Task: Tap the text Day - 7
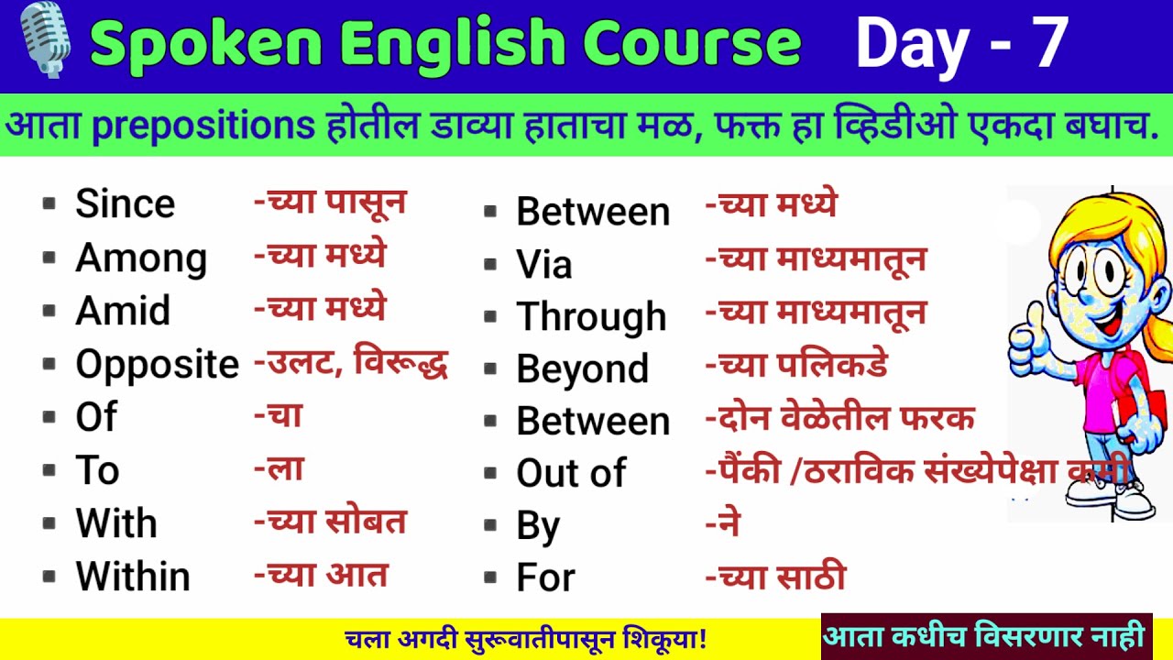click(961, 43)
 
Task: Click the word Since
click(125, 203)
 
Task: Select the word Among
click(141, 258)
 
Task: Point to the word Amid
click(123, 311)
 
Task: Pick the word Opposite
click(157, 364)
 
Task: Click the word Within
click(133, 577)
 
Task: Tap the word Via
click(544, 265)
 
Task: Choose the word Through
click(591, 317)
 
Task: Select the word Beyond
click(582, 369)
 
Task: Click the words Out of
click(571, 473)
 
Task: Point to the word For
click(545, 577)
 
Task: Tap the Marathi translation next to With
click(330, 522)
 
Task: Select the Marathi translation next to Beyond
click(796, 366)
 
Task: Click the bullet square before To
click(49, 471)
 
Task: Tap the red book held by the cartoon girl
click(1154, 412)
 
